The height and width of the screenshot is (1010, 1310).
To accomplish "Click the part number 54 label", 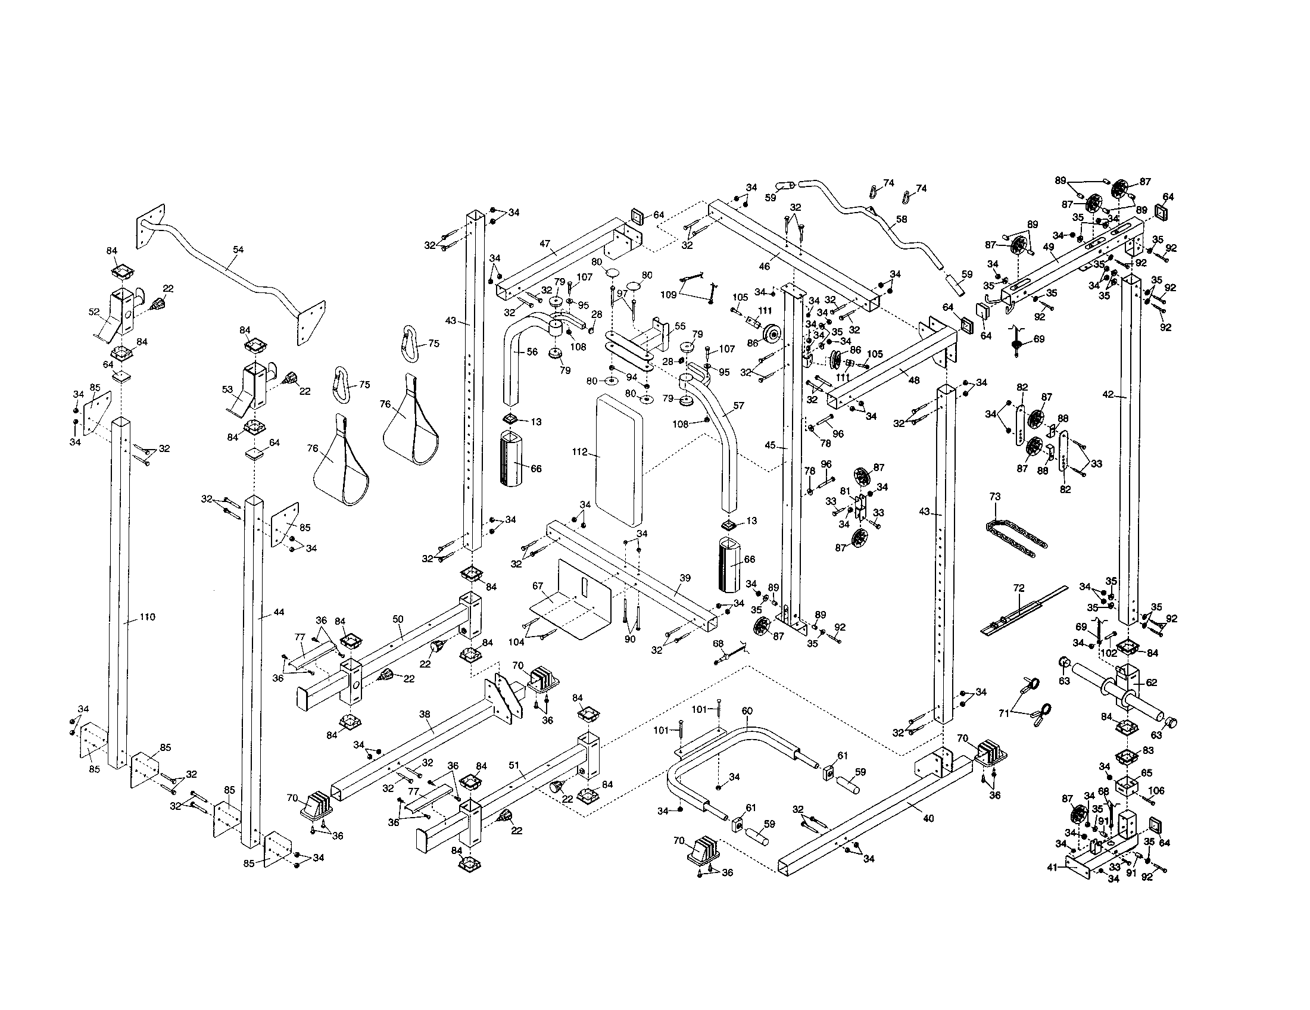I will (238, 250).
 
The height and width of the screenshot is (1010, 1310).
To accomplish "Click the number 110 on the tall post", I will (147, 617).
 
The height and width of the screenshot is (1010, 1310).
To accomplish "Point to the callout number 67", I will (538, 585).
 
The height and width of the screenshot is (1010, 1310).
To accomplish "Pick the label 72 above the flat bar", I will (1018, 588).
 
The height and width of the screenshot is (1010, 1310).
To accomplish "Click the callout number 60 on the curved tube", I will (747, 710).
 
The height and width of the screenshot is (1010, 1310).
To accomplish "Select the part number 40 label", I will (928, 818).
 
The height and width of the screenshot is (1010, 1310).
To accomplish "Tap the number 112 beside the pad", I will (579, 452).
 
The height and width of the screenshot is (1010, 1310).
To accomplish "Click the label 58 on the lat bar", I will (902, 220).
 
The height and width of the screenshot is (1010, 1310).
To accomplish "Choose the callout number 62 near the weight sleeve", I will (1151, 682).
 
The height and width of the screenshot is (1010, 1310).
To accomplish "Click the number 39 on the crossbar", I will (685, 578).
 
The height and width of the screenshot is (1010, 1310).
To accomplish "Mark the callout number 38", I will (425, 714).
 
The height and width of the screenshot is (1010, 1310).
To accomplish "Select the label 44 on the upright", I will (278, 612).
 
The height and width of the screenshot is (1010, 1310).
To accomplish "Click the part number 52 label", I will (94, 312).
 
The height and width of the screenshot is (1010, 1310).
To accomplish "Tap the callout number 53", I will (227, 390).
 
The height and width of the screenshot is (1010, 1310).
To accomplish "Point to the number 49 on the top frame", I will (1049, 247).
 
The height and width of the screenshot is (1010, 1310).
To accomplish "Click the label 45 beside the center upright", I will (771, 445).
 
